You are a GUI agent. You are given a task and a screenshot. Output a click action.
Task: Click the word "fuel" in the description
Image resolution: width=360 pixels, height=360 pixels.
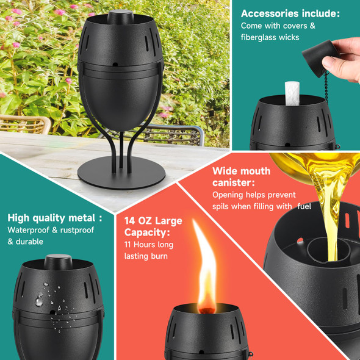tap(304, 206)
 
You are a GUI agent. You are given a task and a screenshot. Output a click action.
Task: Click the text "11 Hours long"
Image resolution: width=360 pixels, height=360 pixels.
tap(149, 244)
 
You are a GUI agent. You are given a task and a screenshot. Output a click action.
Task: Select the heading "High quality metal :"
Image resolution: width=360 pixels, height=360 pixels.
tap(54, 218)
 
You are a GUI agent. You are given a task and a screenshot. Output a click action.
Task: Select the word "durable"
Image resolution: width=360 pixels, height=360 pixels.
tap(30, 242)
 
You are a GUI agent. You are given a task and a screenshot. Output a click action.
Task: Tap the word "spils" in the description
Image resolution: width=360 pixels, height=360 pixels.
tap(224, 206)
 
